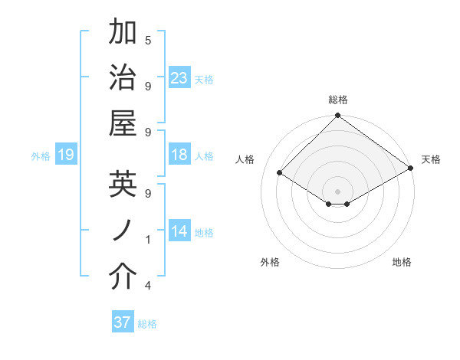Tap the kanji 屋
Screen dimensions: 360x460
pyautogui.click(x=123, y=123)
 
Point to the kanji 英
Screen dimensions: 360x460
pyautogui.click(x=123, y=184)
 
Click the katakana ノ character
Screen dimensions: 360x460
pyautogui.click(x=123, y=231)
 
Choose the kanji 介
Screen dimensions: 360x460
pyautogui.click(x=123, y=277)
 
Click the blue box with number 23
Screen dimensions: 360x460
pyautogui.click(x=179, y=77)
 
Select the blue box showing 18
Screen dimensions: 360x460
pyautogui.click(x=179, y=155)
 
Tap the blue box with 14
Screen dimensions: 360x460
pyautogui.click(x=179, y=231)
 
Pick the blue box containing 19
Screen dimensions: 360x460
pyautogui.click(x=66, y=155)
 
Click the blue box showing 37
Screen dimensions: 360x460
pyautogui.click(x=123, y=322)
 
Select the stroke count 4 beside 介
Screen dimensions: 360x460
pyautogui.click(x=148, y=286)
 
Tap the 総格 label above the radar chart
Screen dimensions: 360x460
pyautogui.click(x=338, y=100)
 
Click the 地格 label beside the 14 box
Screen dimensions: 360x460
pyautogui.click(x=205, y=232)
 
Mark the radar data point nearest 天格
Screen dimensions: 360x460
pyautogui.click(x=411, y=169)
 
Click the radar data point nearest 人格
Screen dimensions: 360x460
pyautogui.click(x=280, y=174)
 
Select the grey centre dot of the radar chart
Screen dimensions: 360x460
pyautogui.click(x=338, y=191)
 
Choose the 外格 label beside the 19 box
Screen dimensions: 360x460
pyautogui.click(x=41, y=156)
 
